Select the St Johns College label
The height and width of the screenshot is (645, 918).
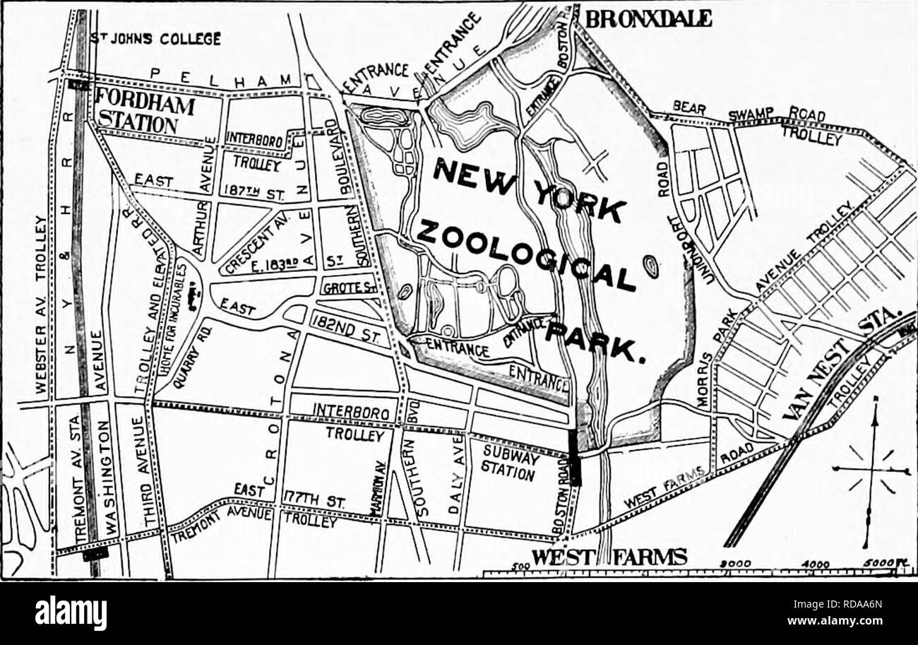(x=156, y=38)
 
